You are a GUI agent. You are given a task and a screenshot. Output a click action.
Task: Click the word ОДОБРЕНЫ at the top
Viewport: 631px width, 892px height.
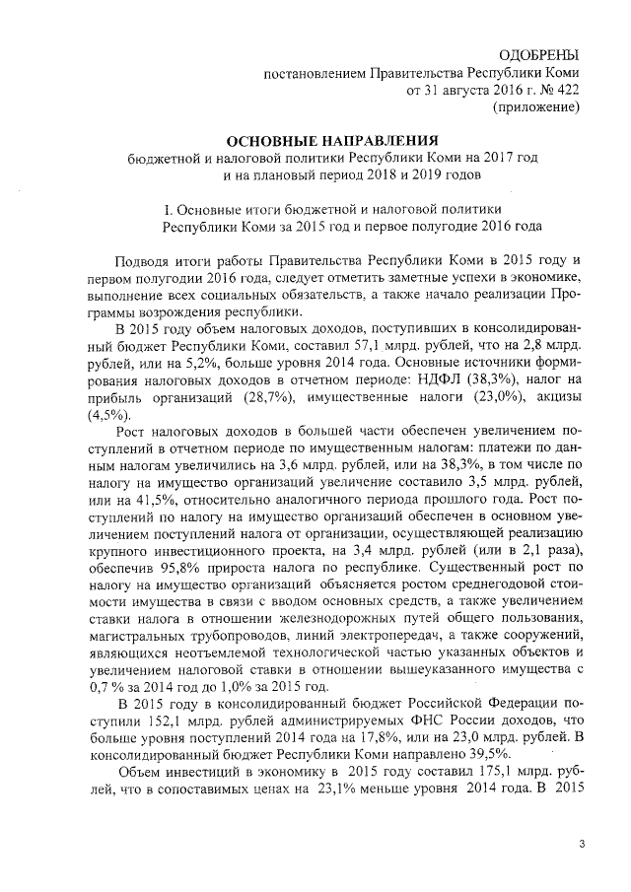pyautogui.click(x=539, y=55)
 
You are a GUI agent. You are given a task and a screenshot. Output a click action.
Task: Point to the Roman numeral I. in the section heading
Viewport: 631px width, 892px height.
pyautogui.click(x=165, y=209)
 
